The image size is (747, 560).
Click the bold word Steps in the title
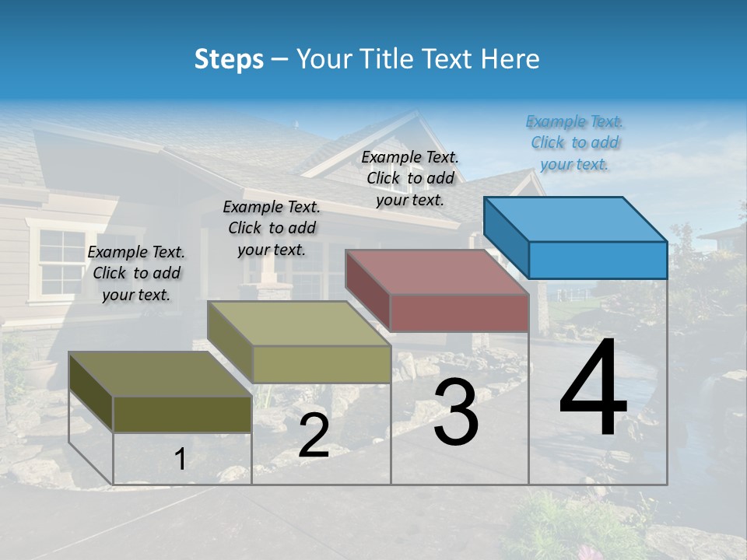point(229,59)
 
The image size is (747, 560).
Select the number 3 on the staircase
point(456,412)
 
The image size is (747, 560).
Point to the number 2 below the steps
point(314,436)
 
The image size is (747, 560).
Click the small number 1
point(180,459)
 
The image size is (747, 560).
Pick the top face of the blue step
point(576,219)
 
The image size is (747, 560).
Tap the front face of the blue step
point(598,260)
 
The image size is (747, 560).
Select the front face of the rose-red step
point(459,313)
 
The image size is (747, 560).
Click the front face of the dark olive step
point(182,414)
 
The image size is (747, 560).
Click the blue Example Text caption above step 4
point(574,142)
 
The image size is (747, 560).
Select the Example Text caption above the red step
point(410,178)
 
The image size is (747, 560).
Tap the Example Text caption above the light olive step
point(272,228)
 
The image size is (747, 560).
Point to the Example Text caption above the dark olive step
point(136,273)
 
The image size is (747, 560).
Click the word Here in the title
point(510,59)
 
